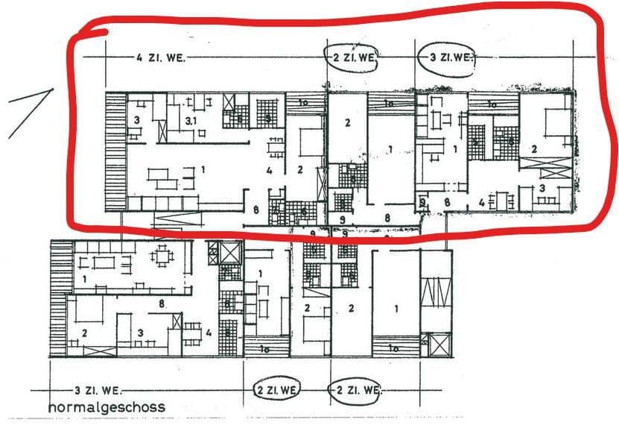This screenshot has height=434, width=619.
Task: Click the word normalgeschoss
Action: point(107,408)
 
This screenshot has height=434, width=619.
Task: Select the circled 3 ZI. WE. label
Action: point(446,57)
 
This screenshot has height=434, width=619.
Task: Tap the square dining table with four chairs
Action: point(162,257)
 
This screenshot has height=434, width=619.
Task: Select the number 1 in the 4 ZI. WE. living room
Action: point(203,170)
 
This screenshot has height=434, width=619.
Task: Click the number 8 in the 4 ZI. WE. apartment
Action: point(255,210)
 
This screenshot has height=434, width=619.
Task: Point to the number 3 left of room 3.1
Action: point(137,119)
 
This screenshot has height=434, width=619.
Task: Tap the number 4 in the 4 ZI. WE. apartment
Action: point(268,171)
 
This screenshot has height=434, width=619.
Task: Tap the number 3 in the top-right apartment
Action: point(542,188)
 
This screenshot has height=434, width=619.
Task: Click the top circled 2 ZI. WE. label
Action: point(354,57)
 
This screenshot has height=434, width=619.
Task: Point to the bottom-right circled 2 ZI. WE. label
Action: point(356,390)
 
